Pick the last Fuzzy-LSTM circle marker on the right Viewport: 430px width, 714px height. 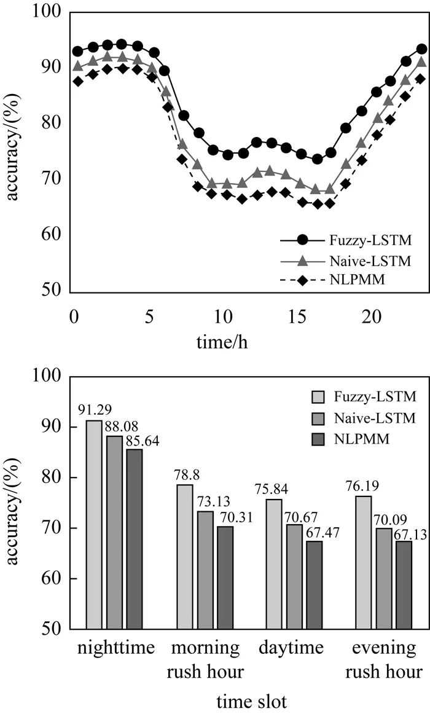coord(421,49)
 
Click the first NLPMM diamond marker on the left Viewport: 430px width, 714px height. coord(78,81)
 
